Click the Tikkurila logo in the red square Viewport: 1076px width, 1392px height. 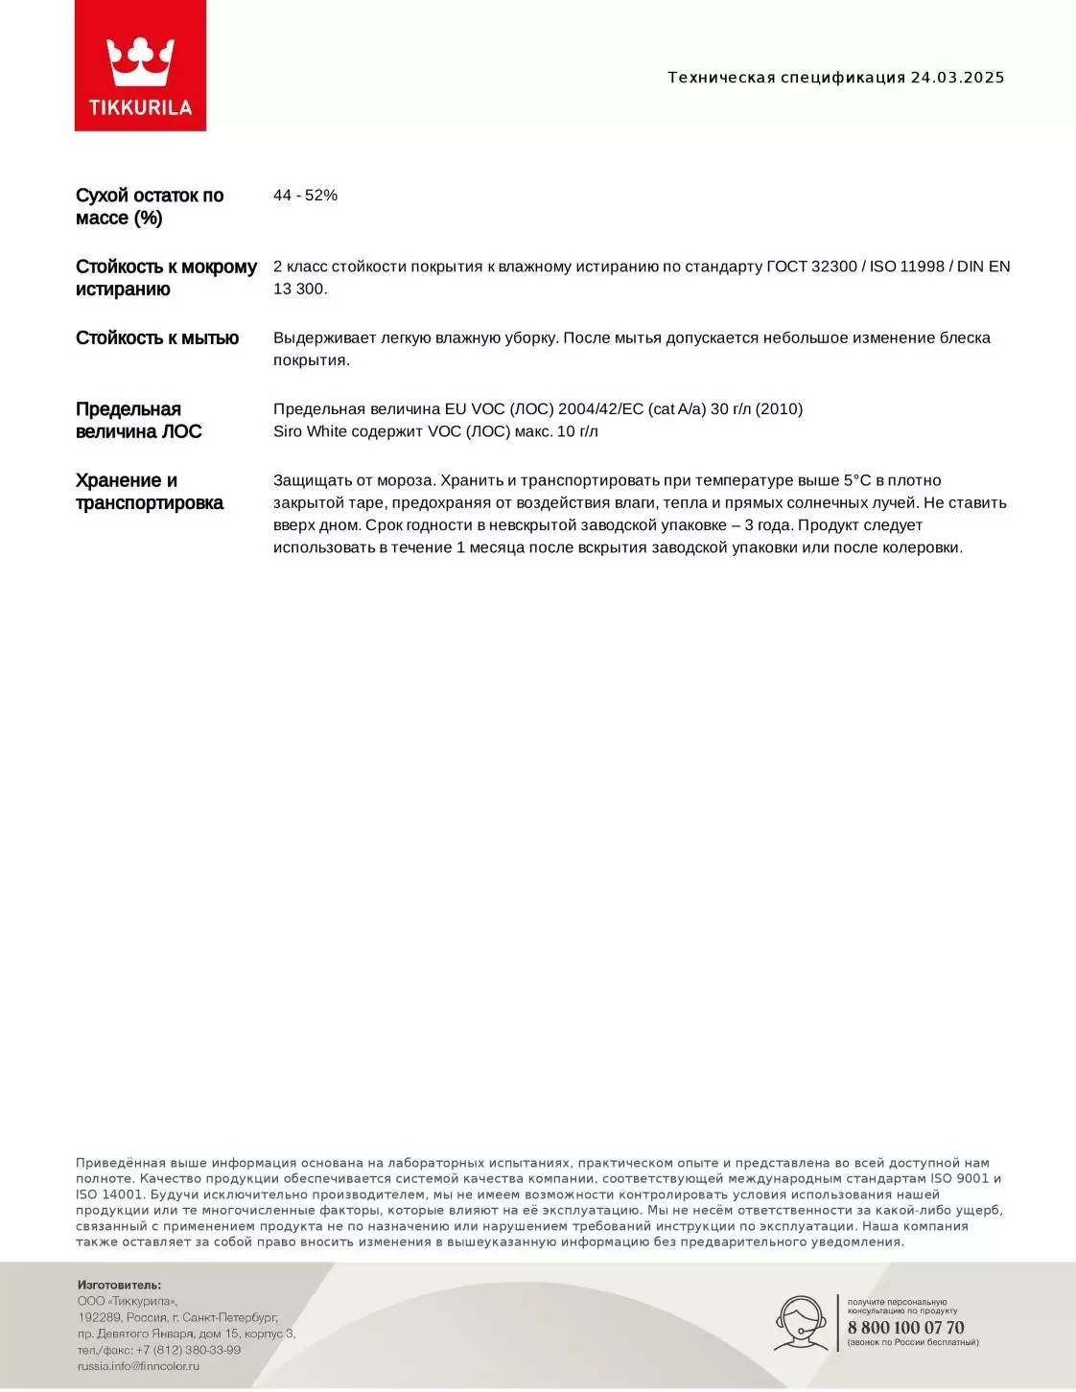coord(140,65)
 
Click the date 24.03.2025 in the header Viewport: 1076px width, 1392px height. coord(957,78)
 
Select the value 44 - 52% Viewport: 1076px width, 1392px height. coord(305,196)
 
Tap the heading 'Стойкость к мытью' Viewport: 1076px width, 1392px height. coord(157,338)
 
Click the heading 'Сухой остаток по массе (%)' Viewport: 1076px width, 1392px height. coord(149,207)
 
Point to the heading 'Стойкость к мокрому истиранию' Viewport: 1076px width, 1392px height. coord(166,278)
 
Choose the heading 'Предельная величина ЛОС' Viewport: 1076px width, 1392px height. coord(138,421)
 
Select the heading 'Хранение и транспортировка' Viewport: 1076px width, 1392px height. coord(149,492)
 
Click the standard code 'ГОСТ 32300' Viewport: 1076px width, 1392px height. coord(811,267)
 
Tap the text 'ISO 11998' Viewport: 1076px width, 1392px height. coord(906,267)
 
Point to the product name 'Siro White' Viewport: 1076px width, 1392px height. coord(310,431)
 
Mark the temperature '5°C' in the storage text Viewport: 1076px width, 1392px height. coord(857,480)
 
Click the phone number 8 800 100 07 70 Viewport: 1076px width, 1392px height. coord(905,1328)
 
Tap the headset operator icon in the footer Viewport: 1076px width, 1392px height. coord(801,1324)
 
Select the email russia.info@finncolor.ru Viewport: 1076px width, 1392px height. coord(138,1366)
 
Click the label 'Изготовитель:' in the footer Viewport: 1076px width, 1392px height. coord(119,1285)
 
